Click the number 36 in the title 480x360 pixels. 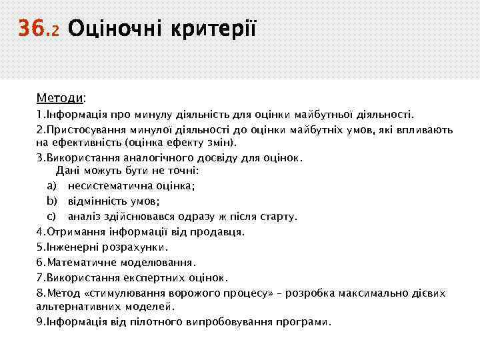[30, 29]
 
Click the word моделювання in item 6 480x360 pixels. [161, 262]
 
